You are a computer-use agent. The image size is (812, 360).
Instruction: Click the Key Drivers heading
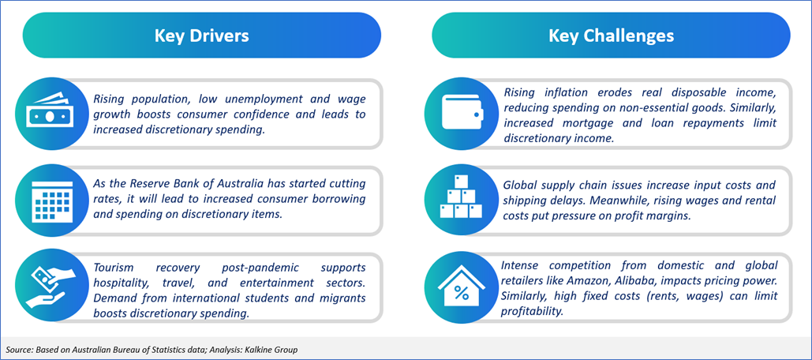point(201,36)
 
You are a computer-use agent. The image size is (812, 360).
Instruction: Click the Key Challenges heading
point(611,36)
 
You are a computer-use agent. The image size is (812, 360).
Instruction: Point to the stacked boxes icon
point(461,197)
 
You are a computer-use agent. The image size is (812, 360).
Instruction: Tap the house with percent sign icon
point(461,287)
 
